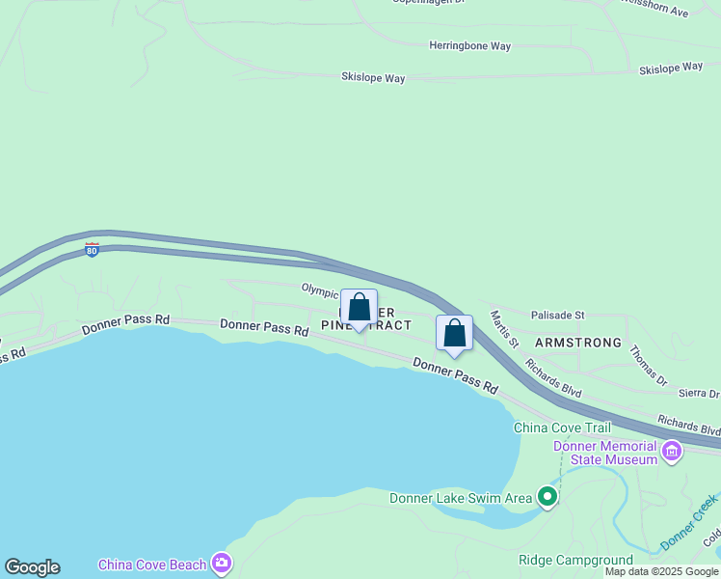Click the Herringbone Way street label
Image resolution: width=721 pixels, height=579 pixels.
point(469,45)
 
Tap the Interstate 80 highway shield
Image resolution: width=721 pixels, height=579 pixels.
point(92,249)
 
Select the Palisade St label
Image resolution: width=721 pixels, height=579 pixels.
point(557,315)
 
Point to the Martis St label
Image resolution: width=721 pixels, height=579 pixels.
point(504,329)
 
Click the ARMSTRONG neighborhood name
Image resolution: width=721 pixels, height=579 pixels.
point(577,343)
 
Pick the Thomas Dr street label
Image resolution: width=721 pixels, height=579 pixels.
point(648,366)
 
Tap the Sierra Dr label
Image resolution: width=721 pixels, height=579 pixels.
point(699,394)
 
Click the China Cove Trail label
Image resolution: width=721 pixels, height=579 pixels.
point(562,427)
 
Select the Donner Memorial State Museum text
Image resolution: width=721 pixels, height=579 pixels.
point(604,453)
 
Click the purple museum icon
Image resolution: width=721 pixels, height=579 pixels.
point(672,450)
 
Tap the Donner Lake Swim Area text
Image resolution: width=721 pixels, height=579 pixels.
point(460,498)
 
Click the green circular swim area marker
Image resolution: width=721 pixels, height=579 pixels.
point(547,497)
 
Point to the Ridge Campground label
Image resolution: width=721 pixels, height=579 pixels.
point(575,560)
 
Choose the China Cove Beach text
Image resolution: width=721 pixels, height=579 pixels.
point(152,564)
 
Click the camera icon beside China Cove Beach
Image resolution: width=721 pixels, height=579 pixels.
point(223,563)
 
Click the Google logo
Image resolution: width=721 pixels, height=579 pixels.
point(32,567)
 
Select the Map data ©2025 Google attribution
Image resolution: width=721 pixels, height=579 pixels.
point(661,572)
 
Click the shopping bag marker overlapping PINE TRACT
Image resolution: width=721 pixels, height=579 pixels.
point(360,309)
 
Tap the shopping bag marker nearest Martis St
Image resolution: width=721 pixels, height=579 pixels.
point(455,334)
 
